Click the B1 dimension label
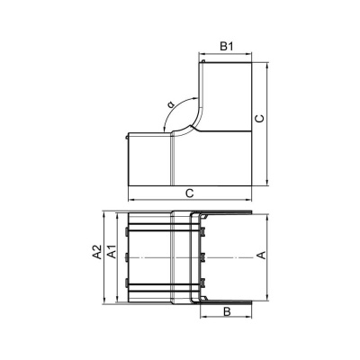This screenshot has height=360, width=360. coord(227,47)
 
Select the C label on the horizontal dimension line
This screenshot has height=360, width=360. coord(189,193)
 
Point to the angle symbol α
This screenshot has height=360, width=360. coord(171,104)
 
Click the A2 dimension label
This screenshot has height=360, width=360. coord(97,252)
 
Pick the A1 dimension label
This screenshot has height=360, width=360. coord(112,252)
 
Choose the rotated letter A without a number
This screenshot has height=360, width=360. coord(262,256)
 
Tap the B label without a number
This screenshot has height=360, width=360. coord(227,311)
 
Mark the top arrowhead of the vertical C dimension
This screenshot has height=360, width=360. coord(266,66)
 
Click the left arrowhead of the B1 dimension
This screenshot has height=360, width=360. coord(202,54)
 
